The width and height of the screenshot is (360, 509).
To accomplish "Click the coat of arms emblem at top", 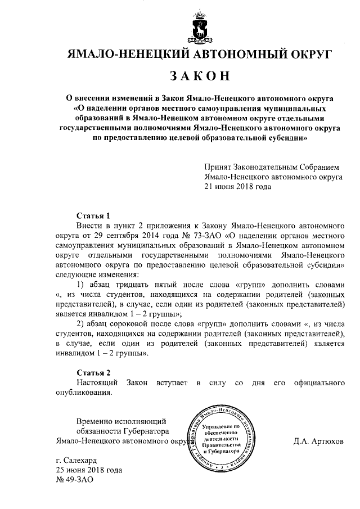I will [x=198, y=28].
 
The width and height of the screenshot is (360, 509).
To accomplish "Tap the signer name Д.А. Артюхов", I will [x=319, y=442].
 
